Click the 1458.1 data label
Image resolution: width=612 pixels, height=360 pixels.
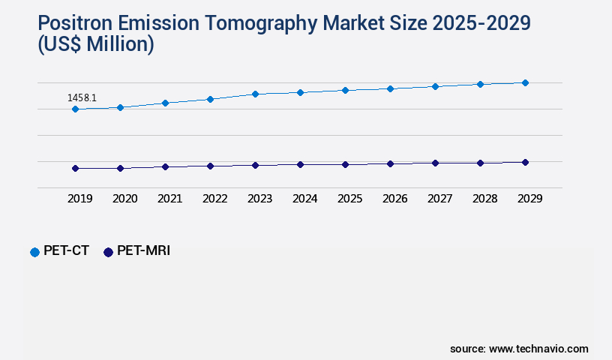tap(82, 97)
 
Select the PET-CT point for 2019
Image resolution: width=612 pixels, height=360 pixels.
tap(75, 109)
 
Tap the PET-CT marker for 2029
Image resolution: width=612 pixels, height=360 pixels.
tap(525, 82)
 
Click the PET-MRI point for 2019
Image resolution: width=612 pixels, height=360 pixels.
tap(75, 169)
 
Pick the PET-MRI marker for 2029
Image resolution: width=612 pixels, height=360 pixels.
tap(525, 162)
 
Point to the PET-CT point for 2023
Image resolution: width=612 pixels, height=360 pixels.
tap(255, 94)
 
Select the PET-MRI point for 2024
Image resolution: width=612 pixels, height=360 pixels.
tap(300, 164)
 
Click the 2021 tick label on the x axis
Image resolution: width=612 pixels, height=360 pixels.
tap(170, 199)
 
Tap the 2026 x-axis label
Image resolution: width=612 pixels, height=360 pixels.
tap(395, 199)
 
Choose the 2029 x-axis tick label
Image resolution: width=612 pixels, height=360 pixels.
tap(530, 199)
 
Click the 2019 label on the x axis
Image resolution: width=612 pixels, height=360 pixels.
tap(80, 199)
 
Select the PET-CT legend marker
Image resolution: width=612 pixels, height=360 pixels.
tap(34, 252)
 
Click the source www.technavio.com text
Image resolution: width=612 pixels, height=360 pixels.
tap(519, 349)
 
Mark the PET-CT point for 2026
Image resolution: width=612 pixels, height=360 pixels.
tap(390, 88)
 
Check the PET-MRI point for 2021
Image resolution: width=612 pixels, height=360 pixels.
tap(165, 167)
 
